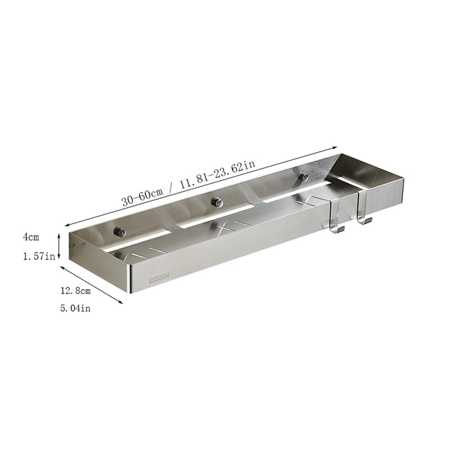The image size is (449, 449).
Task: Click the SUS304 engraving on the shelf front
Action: coord(159,278)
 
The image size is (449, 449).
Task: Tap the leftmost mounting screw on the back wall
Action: coord(120,232)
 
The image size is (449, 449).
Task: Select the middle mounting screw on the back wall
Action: coord(217,203)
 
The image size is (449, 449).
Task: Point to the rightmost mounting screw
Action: coord(304,177)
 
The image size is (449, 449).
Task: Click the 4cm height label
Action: coord(31,237)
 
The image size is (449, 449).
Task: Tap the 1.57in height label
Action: coord(39,256)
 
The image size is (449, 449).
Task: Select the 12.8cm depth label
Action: coord(75,291)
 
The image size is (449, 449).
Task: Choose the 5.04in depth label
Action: coord(75,308)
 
